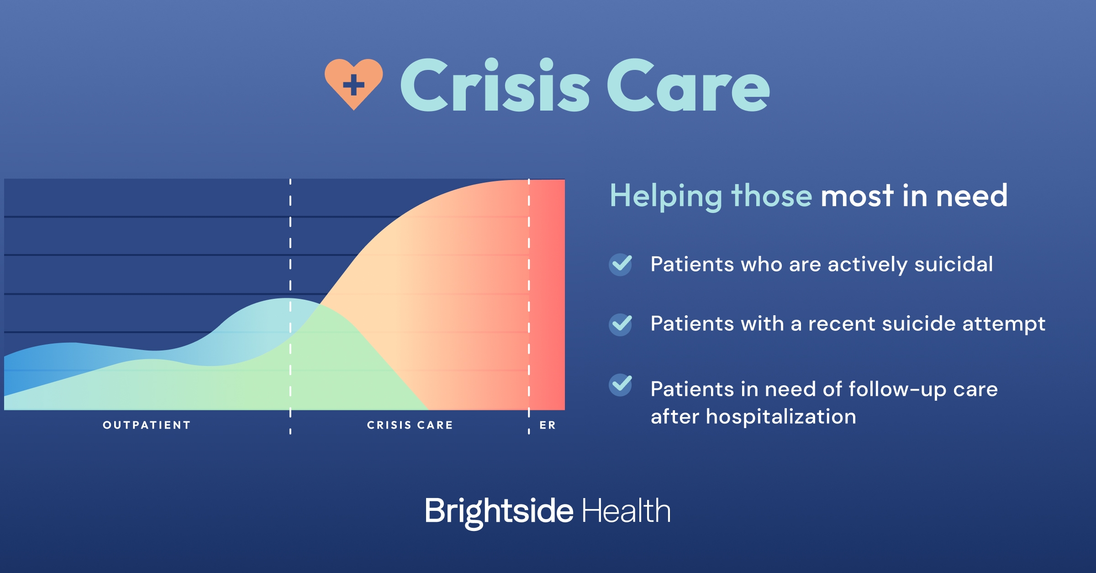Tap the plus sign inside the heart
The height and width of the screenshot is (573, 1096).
[353, 85]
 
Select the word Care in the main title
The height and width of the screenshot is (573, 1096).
[689, 85]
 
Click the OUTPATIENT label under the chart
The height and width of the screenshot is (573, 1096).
[147, 425]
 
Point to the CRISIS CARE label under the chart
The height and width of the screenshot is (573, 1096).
[410, 425]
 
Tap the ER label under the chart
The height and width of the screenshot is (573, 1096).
[548, 425]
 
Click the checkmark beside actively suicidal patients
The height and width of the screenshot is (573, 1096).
[621, 265]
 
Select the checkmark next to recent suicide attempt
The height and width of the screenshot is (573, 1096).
[621, 324]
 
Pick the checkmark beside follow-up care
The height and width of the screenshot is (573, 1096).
[621, 385]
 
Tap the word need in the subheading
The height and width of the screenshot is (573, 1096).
[971, 196]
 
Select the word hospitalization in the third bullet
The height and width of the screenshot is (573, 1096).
[781, 417]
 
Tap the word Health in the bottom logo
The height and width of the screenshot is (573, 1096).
[626, 510]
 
